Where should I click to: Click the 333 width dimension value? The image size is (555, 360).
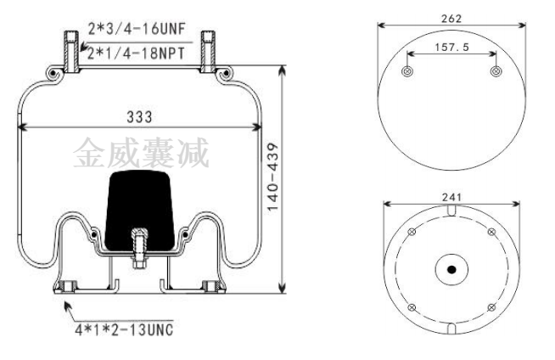[x=139, y=117]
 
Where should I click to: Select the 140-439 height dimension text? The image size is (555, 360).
[x=273, y=177]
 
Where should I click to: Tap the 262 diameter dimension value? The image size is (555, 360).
[x=451, y=19]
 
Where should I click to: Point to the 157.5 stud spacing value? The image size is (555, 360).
[x=451, y=47]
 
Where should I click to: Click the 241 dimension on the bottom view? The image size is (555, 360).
[x=451, y=197]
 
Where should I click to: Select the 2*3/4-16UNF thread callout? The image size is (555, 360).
[x=137, y=29]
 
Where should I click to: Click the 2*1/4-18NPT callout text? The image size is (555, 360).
[x=136, y=53]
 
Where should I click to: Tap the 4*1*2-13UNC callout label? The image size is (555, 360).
[x=124, y=330]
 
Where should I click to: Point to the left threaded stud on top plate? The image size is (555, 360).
[x=71, y=52]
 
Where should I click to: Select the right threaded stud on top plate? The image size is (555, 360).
[x=208, y=52]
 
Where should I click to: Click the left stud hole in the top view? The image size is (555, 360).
[x=407, y=71]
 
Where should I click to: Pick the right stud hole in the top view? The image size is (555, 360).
[x=496, y=71]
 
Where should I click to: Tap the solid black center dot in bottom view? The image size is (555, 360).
[x=451, y=270]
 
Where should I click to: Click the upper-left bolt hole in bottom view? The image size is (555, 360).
[x=412, y=232]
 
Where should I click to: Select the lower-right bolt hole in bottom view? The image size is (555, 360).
[x=491, y=307]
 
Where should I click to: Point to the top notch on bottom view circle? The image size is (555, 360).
[x=451, y=210]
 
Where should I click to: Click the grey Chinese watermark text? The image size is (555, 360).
[x=141, y=153]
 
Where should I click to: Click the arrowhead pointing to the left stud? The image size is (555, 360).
[x=83, y=47]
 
